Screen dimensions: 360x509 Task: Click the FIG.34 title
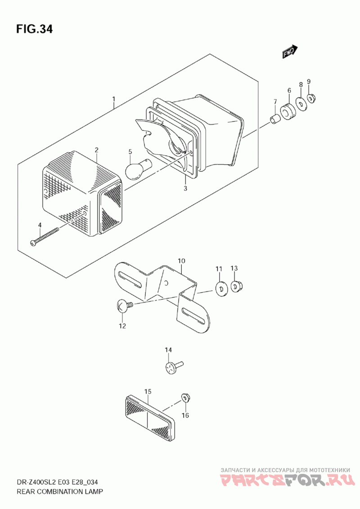pos(34,29)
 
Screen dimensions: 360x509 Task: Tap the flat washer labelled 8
pos(301,104)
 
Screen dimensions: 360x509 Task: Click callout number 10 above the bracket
pos(181,261)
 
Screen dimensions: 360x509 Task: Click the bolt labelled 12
pos(125,306)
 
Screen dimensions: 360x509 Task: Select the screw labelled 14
pos(174,367)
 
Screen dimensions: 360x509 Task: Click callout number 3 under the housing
pos(185,188)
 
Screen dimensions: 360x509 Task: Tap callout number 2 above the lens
pos(96,150)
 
